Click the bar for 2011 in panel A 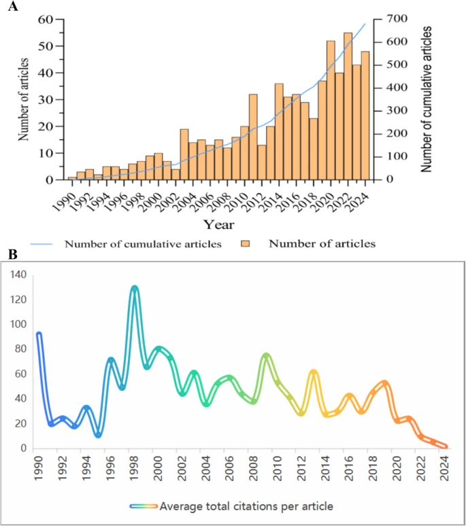point(253,137)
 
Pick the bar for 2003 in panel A point(184,154)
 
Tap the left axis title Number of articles point(24,99)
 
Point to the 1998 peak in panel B point(135,288)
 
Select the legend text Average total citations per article point(244,506)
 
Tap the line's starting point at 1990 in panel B point(39,334)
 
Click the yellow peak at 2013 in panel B point(314,372)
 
